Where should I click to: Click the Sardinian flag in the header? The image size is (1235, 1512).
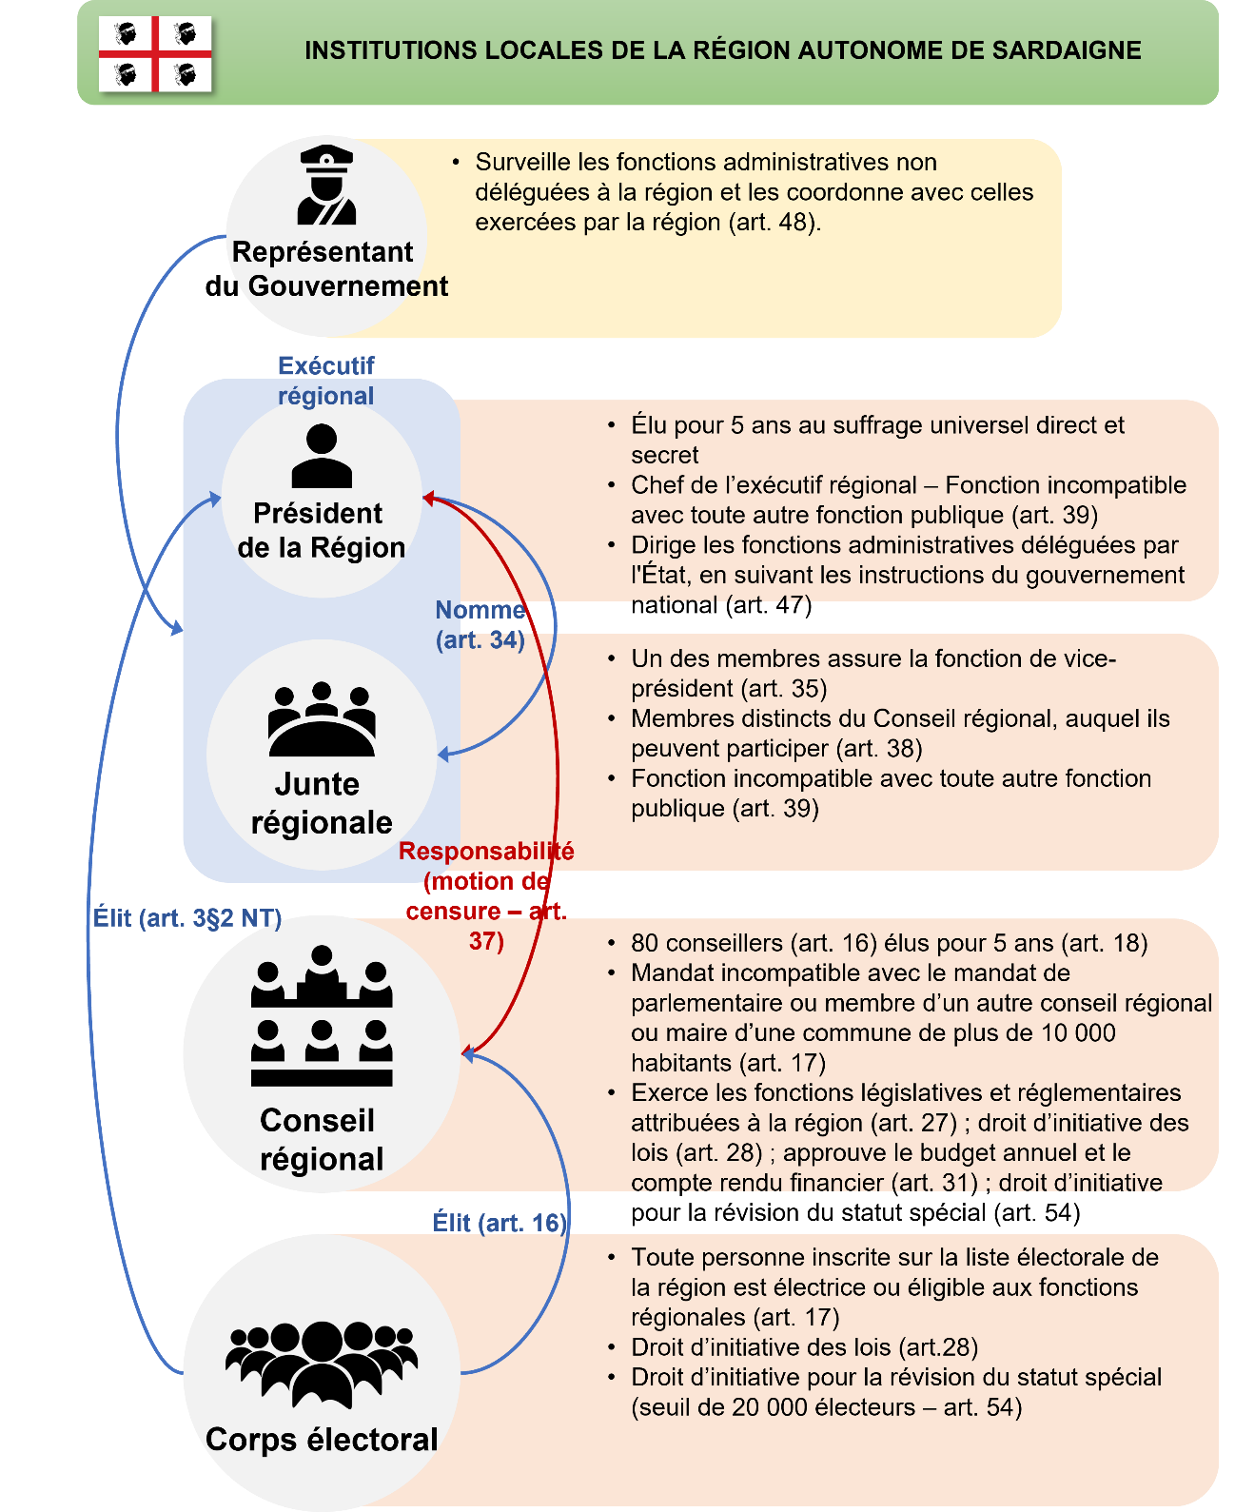(x=155, y=53)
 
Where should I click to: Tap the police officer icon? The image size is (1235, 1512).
(x=326, y=185)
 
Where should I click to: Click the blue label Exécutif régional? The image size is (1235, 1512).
(x=325, y=381)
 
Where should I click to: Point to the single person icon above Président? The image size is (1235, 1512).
(x=322, y=456)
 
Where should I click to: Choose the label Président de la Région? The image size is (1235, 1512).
(x=321, y=530)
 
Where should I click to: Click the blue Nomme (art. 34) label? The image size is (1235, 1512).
(x=480, y=624)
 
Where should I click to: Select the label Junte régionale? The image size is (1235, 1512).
(x=321, y=803)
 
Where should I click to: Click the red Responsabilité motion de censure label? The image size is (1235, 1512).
(x=486, y=895)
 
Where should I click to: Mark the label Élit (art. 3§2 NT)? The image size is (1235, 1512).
(x=187, y=918)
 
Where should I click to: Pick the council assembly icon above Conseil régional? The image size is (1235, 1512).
(x=322, y=1015)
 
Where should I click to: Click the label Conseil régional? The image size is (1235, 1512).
(x=321, y=1140)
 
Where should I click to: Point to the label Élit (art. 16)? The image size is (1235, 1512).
(x=500, y=1223)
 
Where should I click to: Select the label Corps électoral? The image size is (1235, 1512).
(x=322, y=1440)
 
